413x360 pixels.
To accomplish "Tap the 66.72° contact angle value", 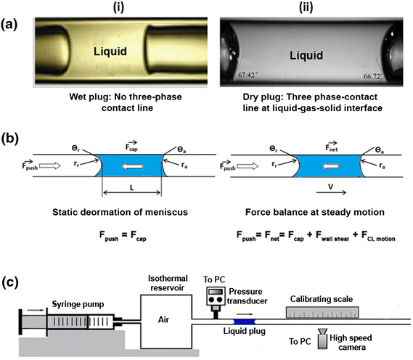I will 382,94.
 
